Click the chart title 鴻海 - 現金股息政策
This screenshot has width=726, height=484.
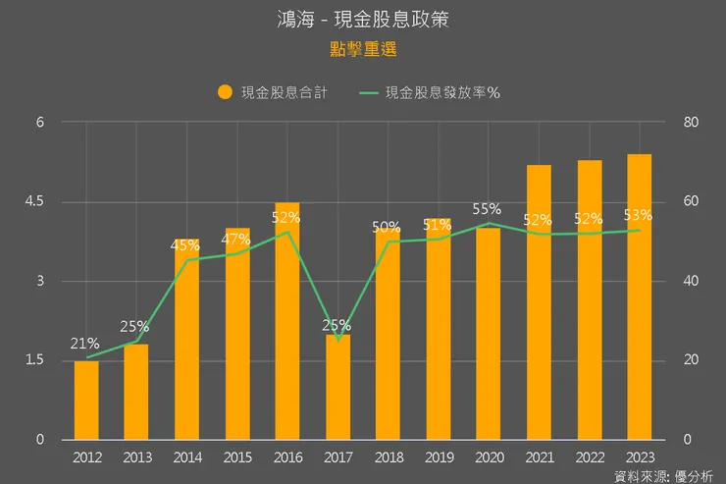point(363,20)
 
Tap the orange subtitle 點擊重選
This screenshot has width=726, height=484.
point(363,48)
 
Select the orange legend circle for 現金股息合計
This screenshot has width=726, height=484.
point(225,93)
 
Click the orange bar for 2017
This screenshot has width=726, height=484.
point(337,388)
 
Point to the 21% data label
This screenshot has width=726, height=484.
point(84,344)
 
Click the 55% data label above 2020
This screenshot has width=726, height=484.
point(487,209)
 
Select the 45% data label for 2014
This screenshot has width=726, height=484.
point(186,245)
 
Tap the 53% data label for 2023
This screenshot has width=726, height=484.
point(638,216)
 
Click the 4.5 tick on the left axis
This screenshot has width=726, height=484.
point(35,202)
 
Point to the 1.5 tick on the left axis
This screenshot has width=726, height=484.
point(35,360)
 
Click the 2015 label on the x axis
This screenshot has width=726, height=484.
point(236,457)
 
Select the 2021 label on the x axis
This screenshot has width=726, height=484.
point(538,457)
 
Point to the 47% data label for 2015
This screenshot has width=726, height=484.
point(236,240)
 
